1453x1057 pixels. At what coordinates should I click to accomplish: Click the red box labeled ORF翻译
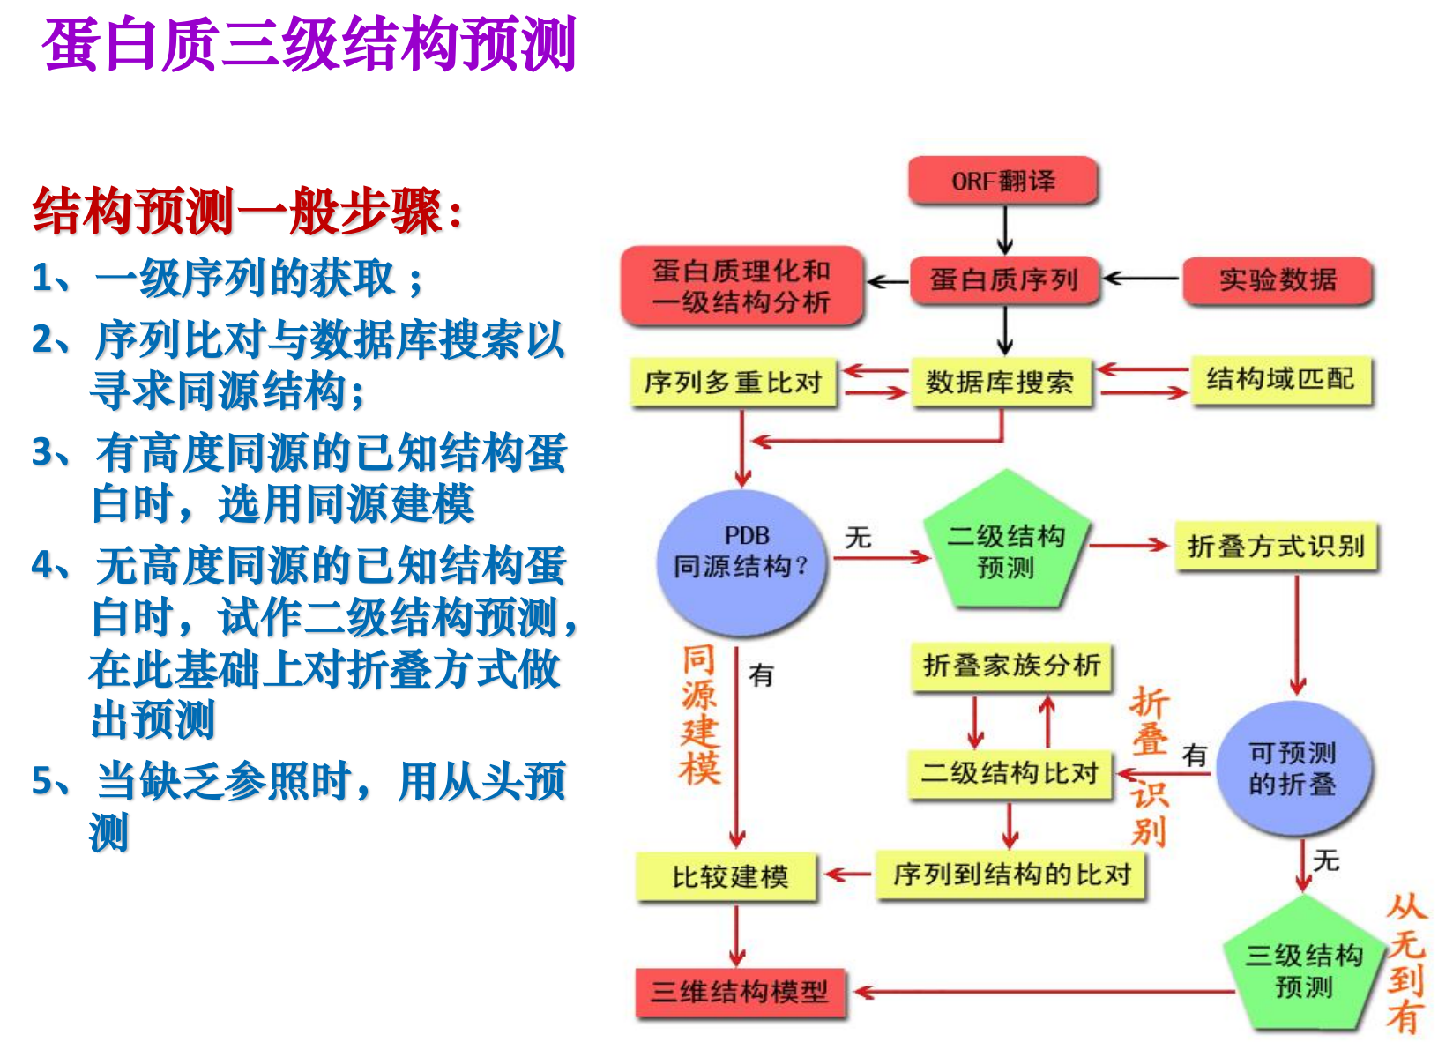[x=1003, y=181]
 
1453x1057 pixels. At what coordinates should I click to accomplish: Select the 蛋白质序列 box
[x=1004, y=280]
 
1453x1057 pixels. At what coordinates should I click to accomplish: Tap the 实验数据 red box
[x=1278, y=280]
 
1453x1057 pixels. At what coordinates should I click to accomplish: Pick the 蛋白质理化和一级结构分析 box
[x=741, y=286]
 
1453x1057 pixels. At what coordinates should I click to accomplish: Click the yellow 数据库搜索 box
[x=1001, y=383]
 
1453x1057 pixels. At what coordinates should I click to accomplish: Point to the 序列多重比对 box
[x=734, y=383]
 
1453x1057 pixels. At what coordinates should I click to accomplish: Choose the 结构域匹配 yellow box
[x=1281, y=380]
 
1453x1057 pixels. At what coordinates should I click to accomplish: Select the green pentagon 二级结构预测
[x=1006, y=547]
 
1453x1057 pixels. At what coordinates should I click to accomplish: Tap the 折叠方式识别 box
[x=1276, y=547]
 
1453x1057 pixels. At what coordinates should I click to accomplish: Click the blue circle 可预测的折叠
[x=1293, y=769]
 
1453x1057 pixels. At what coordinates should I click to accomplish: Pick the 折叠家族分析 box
[x=1011, y=666]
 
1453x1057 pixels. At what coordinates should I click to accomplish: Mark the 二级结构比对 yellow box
[x=1010, y=773]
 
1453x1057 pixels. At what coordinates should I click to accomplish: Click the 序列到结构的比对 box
[x=1011, y=875]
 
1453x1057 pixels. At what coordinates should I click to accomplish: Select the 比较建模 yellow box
[x=729, y=877]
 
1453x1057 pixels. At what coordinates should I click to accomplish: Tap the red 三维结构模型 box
[x=741, y=993]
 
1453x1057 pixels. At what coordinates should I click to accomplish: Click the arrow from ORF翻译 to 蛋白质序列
[x=1004, y=230]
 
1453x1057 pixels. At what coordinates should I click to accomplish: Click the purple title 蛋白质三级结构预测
[x=309, y=44]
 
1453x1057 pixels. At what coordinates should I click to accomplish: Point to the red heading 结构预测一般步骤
[x=247, y=212]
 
